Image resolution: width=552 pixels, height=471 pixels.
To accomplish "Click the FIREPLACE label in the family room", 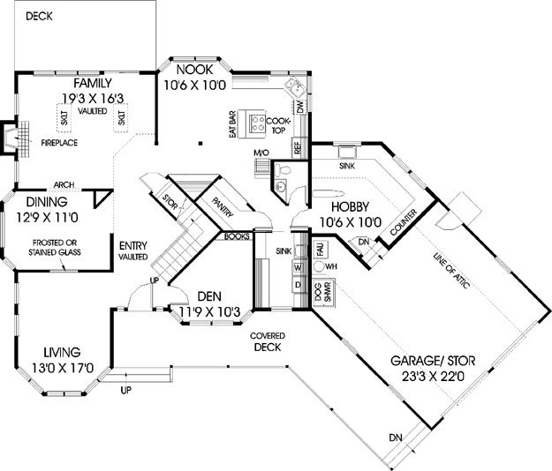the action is [59, 143].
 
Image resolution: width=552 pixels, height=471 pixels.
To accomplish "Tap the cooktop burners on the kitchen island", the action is [258, 123].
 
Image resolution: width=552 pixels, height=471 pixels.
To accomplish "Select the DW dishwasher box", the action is [300, 106].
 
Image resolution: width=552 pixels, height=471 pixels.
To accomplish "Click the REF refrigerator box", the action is [298, 147].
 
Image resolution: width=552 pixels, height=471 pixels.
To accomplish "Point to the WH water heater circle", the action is [319, 266].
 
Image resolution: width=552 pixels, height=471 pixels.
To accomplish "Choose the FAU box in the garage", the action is [321, 249].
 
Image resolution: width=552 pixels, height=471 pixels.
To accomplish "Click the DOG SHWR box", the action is [323, 292].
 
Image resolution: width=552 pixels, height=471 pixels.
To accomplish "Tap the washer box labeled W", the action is [298, 268].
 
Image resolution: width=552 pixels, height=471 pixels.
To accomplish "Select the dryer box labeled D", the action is [298, 285].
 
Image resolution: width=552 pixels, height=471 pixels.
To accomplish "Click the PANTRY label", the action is [223, 207].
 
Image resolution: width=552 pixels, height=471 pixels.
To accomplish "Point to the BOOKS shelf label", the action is [237, 236].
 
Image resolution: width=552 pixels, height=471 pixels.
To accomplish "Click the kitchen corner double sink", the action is [295, 87].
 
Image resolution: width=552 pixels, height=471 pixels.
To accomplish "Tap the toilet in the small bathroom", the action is [282, 169].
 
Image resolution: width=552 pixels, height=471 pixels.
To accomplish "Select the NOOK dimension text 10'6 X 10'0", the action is [194, 86].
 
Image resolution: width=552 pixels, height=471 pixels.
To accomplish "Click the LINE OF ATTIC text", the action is [451, 271].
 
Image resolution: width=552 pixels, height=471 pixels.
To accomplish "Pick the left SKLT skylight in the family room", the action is [64, 118].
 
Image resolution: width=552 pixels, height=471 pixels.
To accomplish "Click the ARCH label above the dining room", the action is [64, 184].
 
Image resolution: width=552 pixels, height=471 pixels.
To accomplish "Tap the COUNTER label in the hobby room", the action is [404, 222].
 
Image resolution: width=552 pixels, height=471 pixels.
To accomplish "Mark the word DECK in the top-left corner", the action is [39, 16].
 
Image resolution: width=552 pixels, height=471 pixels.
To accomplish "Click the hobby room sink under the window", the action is [347, 153].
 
